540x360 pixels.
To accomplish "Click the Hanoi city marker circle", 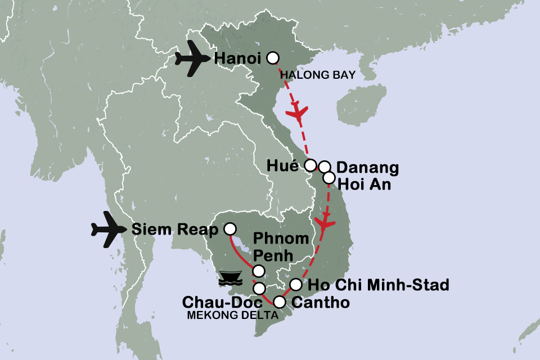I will pyautogui.click(x=273, y=58).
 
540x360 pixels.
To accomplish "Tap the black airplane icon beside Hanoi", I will pyautogui.click(x=188, y=58).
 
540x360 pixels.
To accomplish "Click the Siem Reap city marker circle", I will pyautogui.click(x=229, y=229).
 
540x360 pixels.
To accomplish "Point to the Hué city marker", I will pyautogui.click(x=310, y=165).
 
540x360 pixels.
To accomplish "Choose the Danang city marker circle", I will pyautogui.click(x=324, y=166).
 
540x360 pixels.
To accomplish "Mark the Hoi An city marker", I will pyautogui.click(x=328, y=178).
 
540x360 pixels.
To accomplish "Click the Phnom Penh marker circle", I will pyautogui.click(x=259, y=271).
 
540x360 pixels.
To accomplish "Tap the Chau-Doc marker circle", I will pyautogui.click(x=259, y=289).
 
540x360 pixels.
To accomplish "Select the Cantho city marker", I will pyautogui.click(x=279, y=302).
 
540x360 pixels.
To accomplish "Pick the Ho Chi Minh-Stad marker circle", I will pyautogui.click(x=295, y=285).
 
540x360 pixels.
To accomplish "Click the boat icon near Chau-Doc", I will pyautogui.click(x=231, y=276).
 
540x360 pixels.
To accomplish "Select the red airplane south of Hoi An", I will pyautogui.click(x=323, y=223).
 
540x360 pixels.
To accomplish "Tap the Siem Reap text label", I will pyautogui.click(x=174, y=229).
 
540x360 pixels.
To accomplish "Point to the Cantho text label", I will pyautogui.click(x=321, y=303).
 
